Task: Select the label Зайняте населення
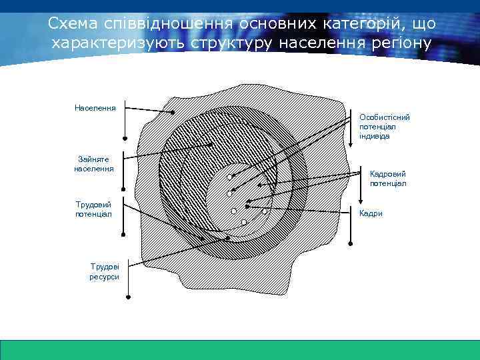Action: (x=94, y=164)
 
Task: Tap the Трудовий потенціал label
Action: (x=93, y=209)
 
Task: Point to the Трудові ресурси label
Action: (x=105, y=271)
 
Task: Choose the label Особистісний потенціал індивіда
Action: (x=385, y=126)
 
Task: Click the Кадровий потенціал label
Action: (x=387, y=178)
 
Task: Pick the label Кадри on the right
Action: (x=371, y=213)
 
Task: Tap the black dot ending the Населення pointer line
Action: (x=173, y=113)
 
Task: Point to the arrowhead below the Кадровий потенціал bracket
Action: (x=361, y=201)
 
